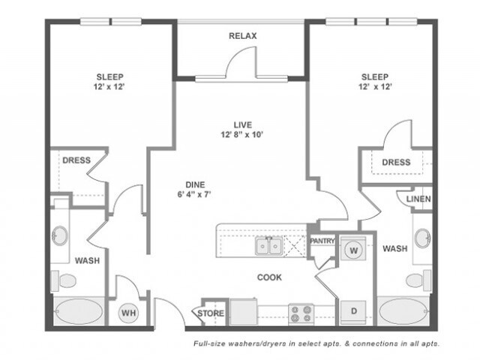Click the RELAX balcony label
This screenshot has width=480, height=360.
point(243,36)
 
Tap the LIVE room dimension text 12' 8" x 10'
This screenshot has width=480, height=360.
point(242,134)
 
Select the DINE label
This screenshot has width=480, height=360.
point(195,184)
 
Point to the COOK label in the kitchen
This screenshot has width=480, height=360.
point(269,277)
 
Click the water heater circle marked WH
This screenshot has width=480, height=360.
point(128,313)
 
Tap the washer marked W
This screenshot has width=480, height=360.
point(353,250)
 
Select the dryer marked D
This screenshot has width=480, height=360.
point(353,312)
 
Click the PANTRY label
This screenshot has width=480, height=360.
point(322,241)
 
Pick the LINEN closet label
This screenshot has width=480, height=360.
point(418,199)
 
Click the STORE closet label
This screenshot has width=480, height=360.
point(211,313)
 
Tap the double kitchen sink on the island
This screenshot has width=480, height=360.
point(269,246)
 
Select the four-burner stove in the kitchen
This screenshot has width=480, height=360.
point(301,313)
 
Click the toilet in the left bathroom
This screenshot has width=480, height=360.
point(64,280)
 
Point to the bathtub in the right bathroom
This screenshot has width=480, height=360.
point(403,311)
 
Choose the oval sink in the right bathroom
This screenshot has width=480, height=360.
point(423,238)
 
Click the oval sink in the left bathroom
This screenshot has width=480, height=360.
point(60,235)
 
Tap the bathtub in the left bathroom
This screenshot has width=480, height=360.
point(79,311)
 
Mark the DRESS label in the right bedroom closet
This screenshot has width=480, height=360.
point(396,162)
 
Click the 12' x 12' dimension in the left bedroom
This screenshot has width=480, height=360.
point(109,87)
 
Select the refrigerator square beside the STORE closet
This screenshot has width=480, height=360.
point(244,312)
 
